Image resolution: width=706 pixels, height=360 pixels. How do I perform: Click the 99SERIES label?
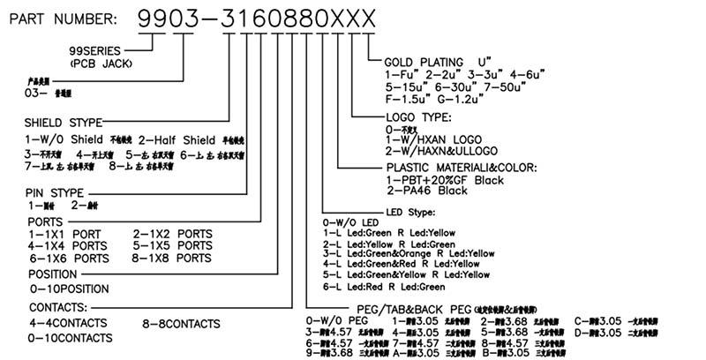[x=98, y=52]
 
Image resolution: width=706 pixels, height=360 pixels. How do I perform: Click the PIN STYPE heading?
[x=56, y=191]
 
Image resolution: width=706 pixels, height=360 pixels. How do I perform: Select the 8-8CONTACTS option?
[x=181, y=324]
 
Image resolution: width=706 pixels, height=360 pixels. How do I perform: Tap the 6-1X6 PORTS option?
[x=69, y=260]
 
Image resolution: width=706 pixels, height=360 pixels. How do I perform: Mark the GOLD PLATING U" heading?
[x=437, y=62]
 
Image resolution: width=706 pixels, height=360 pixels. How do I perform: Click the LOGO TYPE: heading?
[x=418, y=116]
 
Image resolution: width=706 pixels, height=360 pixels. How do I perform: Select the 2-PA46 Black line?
[x=429, y=191]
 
